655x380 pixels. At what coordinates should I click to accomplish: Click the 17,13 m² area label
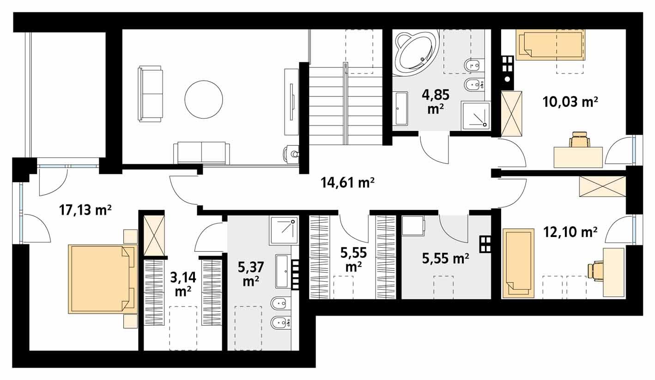pyautogui.click(x=85, y=210)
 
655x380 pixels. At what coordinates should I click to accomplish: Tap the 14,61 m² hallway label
pyautogui.click(x=347, y=183)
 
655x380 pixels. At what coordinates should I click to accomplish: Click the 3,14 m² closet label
pyautogui.click(x=183, y=284)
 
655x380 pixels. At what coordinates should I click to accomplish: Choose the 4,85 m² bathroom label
pyautogui.click(x=435, y=101)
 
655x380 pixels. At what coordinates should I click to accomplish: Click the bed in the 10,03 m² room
pyautogui.click(x=550, y=45)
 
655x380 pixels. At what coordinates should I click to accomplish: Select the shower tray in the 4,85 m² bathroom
pyautogui.click(x=475, y=115)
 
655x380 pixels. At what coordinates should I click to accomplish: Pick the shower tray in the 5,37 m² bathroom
pyautogui.click(x=281, y=230)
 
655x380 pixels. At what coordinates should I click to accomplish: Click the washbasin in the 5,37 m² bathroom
pyautogui.click(x=281, y=271)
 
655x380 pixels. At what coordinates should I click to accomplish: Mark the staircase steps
pyautogui.click(x=346, y=106)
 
